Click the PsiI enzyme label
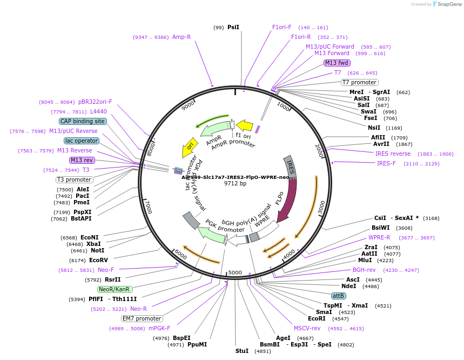[233, 27]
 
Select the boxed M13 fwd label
[337, 63]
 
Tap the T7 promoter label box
[359, 82]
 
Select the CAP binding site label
[83, 121]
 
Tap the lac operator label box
[82, 141]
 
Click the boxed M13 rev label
[82, 160]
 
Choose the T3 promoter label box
[75, 179]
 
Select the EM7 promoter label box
[142, 318]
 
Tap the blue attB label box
[339, 296]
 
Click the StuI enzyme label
[242, 351]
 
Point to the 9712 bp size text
[235, 183]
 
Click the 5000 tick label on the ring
[235, 272]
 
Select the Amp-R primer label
[181, 37]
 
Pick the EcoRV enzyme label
[99, 260]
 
